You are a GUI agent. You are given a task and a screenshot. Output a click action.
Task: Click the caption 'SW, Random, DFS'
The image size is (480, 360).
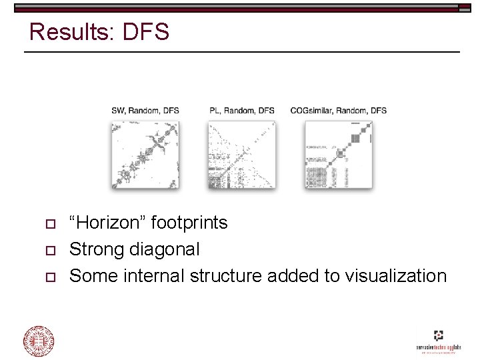145,110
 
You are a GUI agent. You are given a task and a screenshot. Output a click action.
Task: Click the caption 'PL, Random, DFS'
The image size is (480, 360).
241,110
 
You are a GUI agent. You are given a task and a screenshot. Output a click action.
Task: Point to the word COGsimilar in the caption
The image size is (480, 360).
311,110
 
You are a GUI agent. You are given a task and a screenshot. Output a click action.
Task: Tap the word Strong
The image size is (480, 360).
97,249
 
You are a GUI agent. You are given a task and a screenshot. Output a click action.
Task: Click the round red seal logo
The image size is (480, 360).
39,341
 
